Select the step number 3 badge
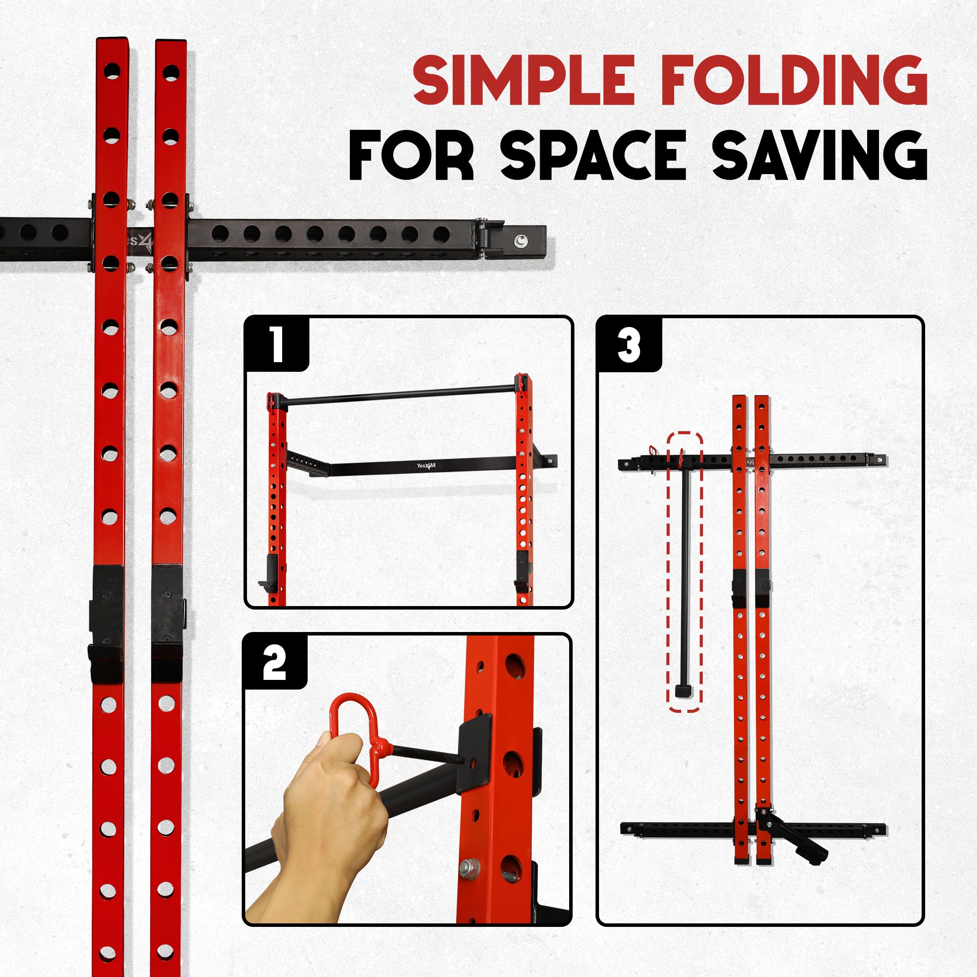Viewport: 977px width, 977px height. coord(629,345)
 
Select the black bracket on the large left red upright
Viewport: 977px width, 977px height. coord(107,622)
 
